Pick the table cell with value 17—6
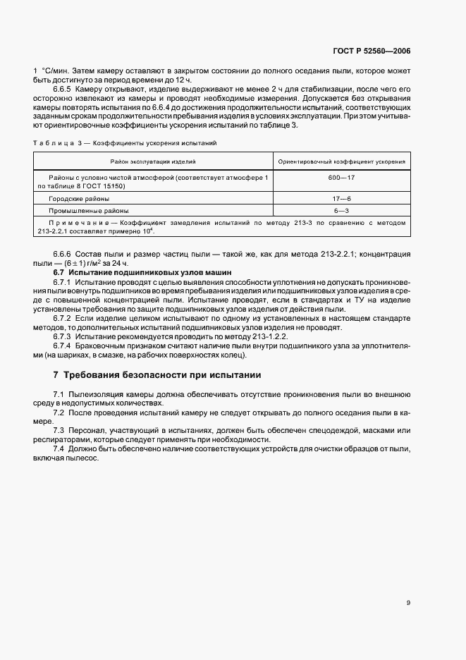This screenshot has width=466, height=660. pyautogui.click(x=341, y=199)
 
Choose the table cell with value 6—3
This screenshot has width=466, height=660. pyautogui.click(x=341, y=210)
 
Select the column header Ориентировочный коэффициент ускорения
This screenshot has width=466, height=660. pyautogui.click(x=341, y=161)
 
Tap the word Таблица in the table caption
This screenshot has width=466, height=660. pyautogui.click(x=52, y=142)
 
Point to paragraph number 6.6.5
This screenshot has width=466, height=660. pyautogui.click(x=63, y=90)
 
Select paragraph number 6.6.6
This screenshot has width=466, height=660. pyautogui.click(x=63, y=253)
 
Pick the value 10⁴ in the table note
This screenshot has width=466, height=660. pyautogui.click(x=150, y=230)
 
